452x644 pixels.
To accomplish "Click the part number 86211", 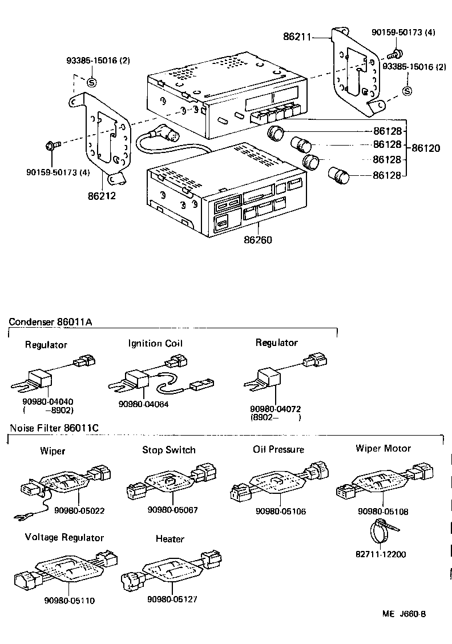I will tap(297, 37).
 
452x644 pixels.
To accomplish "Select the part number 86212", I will tap(102, 196).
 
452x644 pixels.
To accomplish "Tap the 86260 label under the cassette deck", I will tap(259, 240).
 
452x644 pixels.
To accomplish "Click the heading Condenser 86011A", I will tap(50, 322).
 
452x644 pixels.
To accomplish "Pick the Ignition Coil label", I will tap(155, 344).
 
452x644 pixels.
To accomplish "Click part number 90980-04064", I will tap(144, 404).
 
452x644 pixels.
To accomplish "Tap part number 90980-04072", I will tap(276, 409).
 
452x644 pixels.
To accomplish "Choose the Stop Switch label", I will tap(169, 450).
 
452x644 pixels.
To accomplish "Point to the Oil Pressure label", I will tap(279, 449).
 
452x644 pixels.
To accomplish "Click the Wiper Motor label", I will tap(383, 448).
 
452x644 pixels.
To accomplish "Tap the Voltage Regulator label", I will tap(64, 538).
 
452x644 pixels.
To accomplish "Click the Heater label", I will tap(169, 539).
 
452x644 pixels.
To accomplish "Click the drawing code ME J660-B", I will tap(404, 614).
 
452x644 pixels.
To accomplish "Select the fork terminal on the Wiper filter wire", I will tap(20, 518).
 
